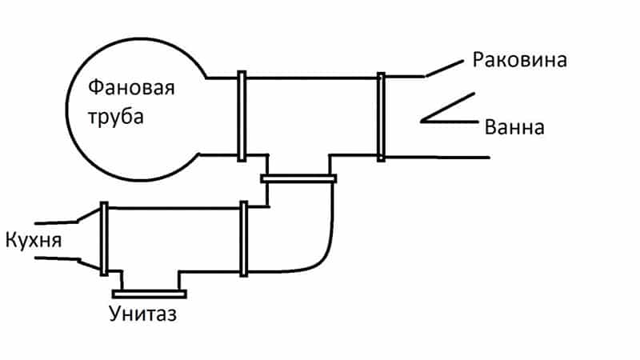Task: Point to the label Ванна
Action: (514, 127)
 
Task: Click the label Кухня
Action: (33, 239)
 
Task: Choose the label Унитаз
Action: (143, 313)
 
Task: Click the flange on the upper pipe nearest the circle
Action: (241, 116)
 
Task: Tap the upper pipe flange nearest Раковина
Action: (382, 117)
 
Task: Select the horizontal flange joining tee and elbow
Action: (299, 178)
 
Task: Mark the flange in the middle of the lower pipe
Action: (243, 239)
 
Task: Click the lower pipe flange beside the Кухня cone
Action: (104, 238)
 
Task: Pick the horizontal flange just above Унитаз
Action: (149, 291)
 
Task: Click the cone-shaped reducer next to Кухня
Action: (90, 238)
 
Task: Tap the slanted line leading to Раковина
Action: (443, 68)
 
